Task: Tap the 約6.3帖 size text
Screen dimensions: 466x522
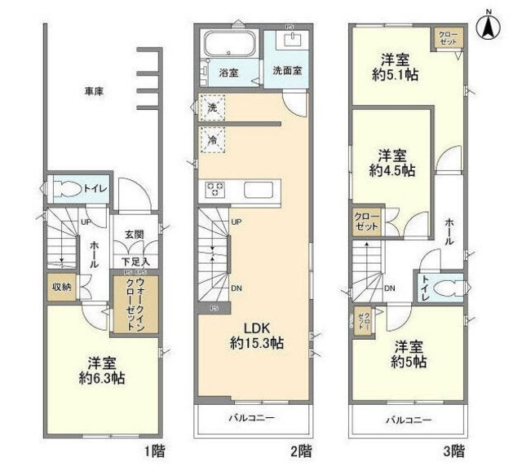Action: click(101, 378)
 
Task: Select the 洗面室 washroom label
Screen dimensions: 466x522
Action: click(286, 70)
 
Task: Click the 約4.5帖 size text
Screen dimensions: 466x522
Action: click(391, 171)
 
